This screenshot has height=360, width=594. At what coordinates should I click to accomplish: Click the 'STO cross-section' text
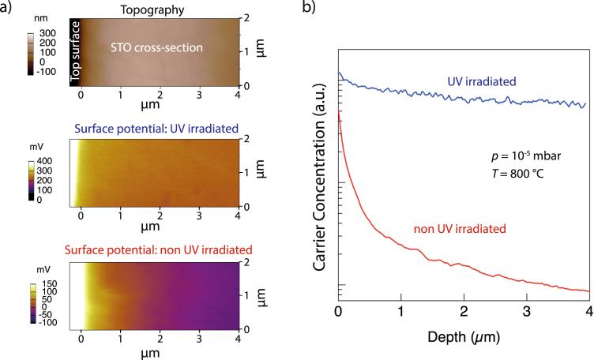tap(156, 48)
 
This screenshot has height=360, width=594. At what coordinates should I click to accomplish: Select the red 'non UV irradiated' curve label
tap(458, 229)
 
